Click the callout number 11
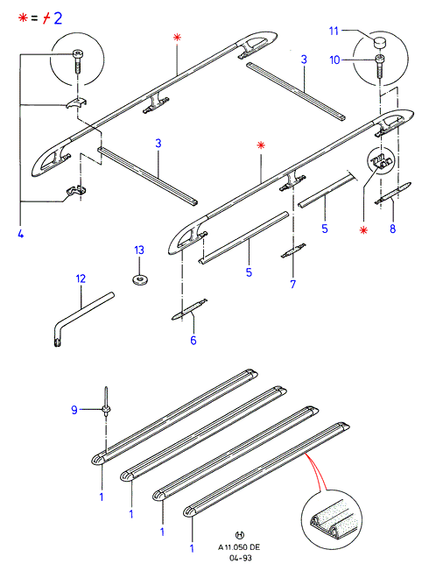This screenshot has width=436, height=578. pyautogui.click(x=334, y=31)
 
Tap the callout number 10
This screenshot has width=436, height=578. pyautogui.click(x=334, y=60)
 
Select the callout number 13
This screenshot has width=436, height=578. pyautogui.click(x=139, y=250)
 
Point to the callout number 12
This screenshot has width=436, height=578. pyautogui.click(x=81, y=278)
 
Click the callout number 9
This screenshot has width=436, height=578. pyautogui.click(x=74, y=410)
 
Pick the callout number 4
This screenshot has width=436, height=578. pyautogui.click(x=21, y=234)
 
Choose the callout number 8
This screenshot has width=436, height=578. pyautogui.click(x=393, y=229)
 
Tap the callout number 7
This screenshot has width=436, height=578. pyautogui.click(x=293, y=285)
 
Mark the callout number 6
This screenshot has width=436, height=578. pyautogui.click(x=193, y=341)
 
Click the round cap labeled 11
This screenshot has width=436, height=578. pyautogui.click(x=380, y=43)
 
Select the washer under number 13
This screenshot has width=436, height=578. pyautogui.click(x=139, y=279)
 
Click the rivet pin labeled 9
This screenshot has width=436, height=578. pyautogui.click(x=107, y=405)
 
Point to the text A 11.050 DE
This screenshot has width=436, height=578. pyautogui.click(x=239, y=547)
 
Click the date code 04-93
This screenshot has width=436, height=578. pyautogui.click(x=240, y=558)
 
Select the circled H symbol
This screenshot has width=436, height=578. pyautogui.click(x=239, y=535)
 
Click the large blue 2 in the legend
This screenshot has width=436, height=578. pyautogui.click(x=58, y=18)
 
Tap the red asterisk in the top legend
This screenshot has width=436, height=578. pyautogui.click(x=24, y=18)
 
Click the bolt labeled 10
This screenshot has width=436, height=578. pyautogui.click(x=380, y=66)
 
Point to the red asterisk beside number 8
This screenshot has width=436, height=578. pyautogui.click(x=363, y=230)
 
